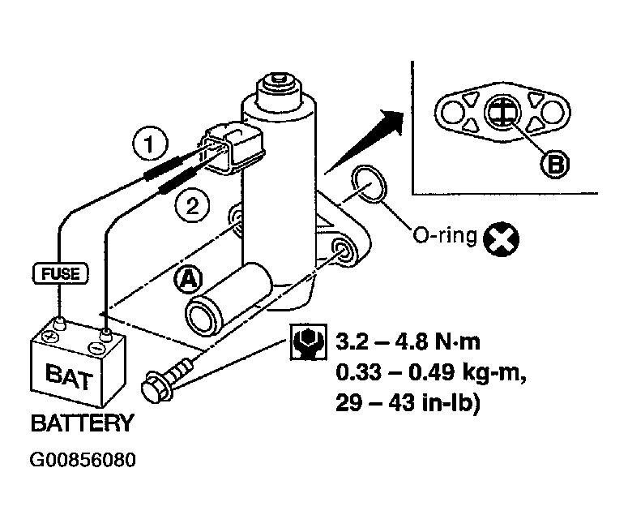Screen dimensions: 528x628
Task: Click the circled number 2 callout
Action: click(191, 206)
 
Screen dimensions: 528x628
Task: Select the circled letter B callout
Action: click(554, 164)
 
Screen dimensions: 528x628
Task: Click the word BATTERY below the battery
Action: click(81, 423)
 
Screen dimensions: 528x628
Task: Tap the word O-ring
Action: click(443, 236)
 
